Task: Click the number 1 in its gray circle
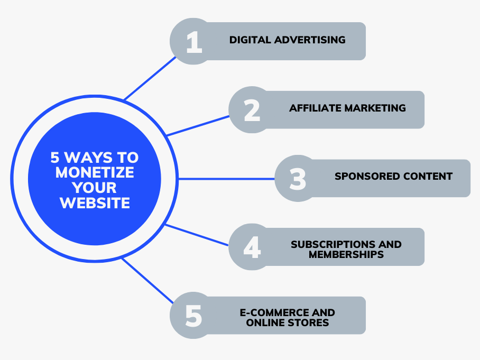click(x=194, y=42)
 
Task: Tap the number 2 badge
click(x=252, y=110)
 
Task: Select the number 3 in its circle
click(x=298, y=179)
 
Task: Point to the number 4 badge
click(x=252, y=247)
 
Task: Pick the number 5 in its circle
click(x=193, y=316)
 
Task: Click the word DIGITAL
click(x=250, y=40)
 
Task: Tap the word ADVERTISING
click(x=310, y=40)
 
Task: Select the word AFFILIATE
click(x=315, y=108)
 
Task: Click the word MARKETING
click(x=375, y=108)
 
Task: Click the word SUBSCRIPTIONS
click(x=333, y=244)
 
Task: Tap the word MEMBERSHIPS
click(x=346, y=254)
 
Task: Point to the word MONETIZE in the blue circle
click(x=95, y=172)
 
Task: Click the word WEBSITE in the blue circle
click(x=95, y=203)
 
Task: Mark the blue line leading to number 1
click(x=150, y=78)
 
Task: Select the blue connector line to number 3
click(x=227, y=179)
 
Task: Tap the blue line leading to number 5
click(x=147, y=281)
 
